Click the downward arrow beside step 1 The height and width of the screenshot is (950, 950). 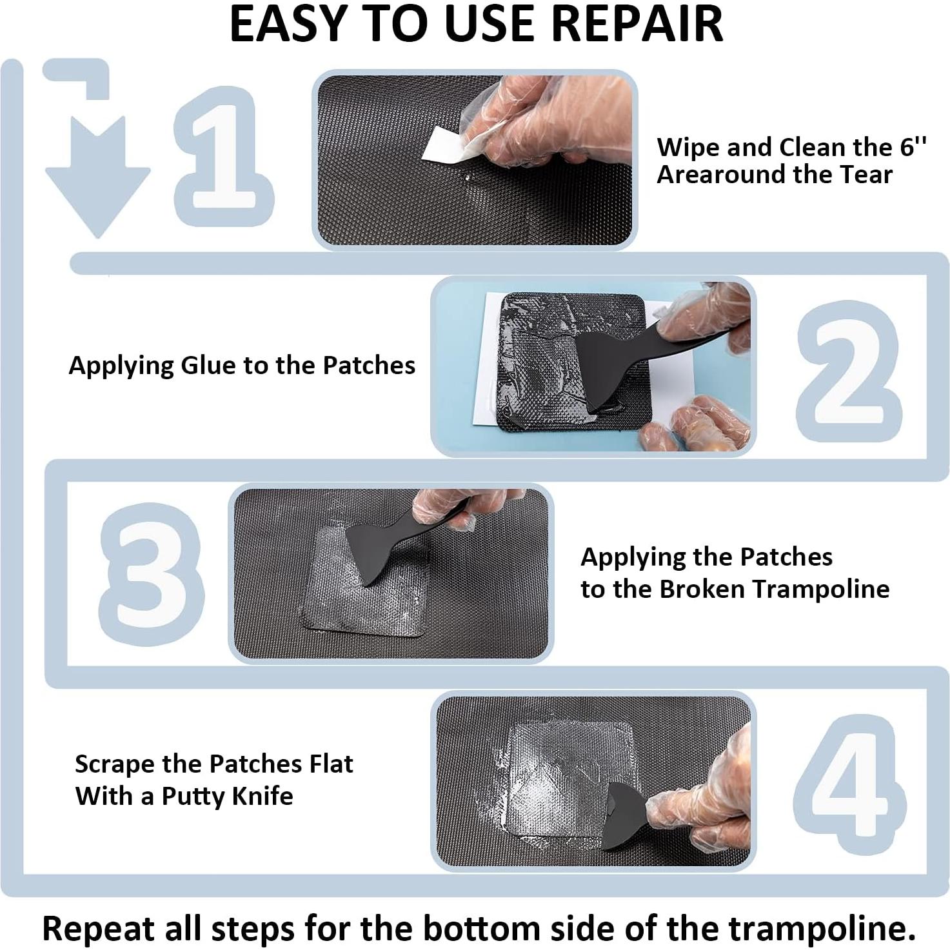pos(97,174)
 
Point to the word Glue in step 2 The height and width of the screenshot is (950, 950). pos(209,365)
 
